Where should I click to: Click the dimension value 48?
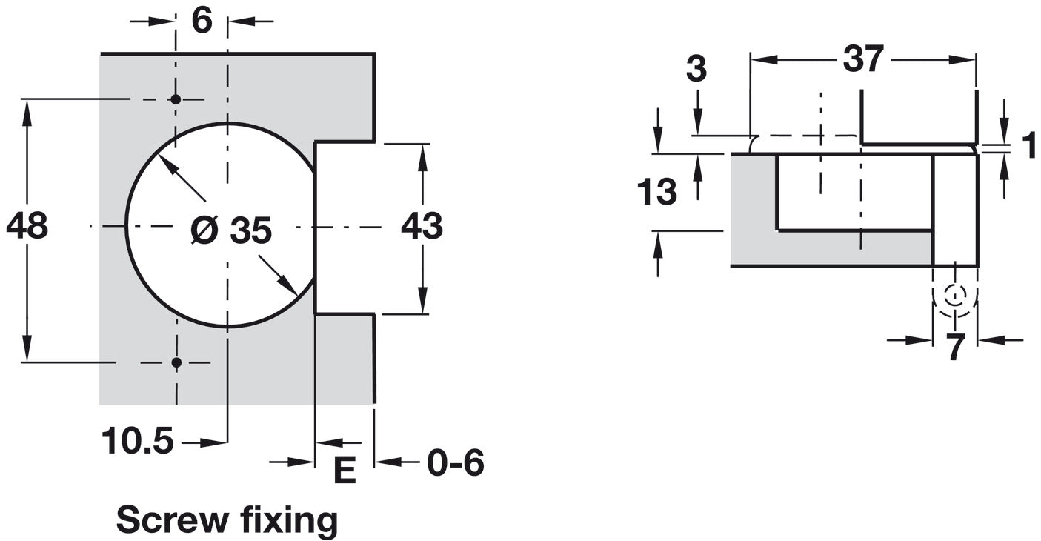(x=27, y=226)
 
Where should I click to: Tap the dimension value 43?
(x=422, y=226)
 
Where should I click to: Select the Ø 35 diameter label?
(x=231, y=231)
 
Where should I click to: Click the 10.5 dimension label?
(x=138, y=442)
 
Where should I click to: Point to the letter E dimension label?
(x=345, y=471)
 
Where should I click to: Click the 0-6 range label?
(x=455, y=463)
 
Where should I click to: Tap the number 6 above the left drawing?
(x=202, y=21)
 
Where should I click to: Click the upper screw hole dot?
(x=176, y=99)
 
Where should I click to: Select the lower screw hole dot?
(x=176, y=362)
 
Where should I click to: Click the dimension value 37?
(x=863, y=59)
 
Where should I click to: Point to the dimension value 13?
(x=656, y=193)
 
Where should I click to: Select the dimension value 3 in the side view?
(x=696, y=70)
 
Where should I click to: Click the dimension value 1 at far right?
(x=1028, y=147)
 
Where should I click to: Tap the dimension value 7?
(x=956, y=348)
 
